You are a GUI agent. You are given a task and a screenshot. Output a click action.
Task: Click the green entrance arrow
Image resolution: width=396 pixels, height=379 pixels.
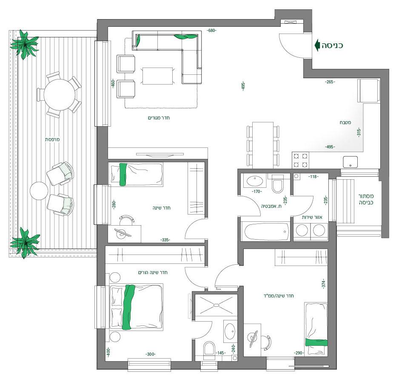(x=317, y=45)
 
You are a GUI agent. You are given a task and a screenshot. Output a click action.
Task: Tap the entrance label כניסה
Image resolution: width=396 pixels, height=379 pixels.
(x=332, y=45)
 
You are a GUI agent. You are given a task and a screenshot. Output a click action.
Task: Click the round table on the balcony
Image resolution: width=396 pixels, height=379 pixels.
(x=60, y=95)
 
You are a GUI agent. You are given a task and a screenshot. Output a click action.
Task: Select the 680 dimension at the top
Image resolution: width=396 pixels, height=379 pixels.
(x=211, y=31)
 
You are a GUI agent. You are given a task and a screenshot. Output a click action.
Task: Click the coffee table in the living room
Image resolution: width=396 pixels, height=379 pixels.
(x=158, y=76)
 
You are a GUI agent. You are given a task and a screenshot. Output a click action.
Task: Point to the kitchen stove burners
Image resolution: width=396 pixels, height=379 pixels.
(x=301, y=160)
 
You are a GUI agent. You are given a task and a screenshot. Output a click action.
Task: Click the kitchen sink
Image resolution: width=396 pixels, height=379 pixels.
(x=350, y=162)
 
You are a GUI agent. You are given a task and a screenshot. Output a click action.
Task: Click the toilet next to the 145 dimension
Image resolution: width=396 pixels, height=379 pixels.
(x=209, y=350)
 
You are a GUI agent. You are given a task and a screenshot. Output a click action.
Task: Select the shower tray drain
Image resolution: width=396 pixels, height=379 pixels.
(x=217, y=305)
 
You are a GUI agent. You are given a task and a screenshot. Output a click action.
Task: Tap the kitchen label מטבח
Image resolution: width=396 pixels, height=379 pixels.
(x=345, y=123)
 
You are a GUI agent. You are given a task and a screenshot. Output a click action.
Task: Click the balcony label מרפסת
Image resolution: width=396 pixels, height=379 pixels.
(x=53, y=139)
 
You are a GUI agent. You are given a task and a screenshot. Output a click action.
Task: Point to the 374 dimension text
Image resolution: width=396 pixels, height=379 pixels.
(x=324, y=284)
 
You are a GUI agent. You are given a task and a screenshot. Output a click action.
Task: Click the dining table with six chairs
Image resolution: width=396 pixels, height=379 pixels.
(x=263, y=145)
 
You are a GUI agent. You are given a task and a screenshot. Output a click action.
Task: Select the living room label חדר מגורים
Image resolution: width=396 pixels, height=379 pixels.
(x=159, y=118)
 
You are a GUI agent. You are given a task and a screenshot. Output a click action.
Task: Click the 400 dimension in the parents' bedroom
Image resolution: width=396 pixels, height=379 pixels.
(x=108, y=352)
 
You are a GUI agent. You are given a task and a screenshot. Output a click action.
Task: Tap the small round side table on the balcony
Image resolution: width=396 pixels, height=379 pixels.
(x=39, y=191)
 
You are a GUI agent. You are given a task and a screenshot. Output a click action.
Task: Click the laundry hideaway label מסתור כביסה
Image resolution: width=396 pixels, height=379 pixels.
(x=366, y=199)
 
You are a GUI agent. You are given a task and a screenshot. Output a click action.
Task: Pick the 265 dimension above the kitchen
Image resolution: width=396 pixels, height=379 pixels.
(x=330, y=82)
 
